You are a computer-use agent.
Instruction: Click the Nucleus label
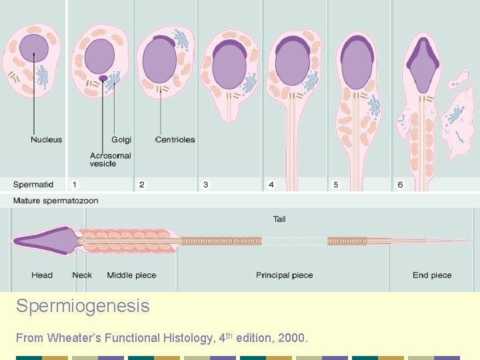click(46, 140)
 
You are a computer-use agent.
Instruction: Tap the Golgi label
click(121, 140)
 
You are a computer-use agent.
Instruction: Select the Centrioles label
click(175, 140)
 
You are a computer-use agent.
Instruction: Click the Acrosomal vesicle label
click(111, 159)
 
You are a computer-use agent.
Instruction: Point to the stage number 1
click(75, 185)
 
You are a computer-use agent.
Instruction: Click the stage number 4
click(271, 185)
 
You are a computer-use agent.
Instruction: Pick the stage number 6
click(400, 185)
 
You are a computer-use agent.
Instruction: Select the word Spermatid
click(33, 185)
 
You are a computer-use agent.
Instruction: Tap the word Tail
click(279, 219)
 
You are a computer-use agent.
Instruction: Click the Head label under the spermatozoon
click(42, 275)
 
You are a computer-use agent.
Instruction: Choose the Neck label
click(82, 275)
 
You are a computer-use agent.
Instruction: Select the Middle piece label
click(131, 275)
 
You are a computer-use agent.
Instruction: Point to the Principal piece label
click(284, 275)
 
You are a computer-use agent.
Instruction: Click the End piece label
click(432, 275)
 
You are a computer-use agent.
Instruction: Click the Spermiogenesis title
click(83, 307)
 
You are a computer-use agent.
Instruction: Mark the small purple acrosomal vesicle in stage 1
click(103, 78)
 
